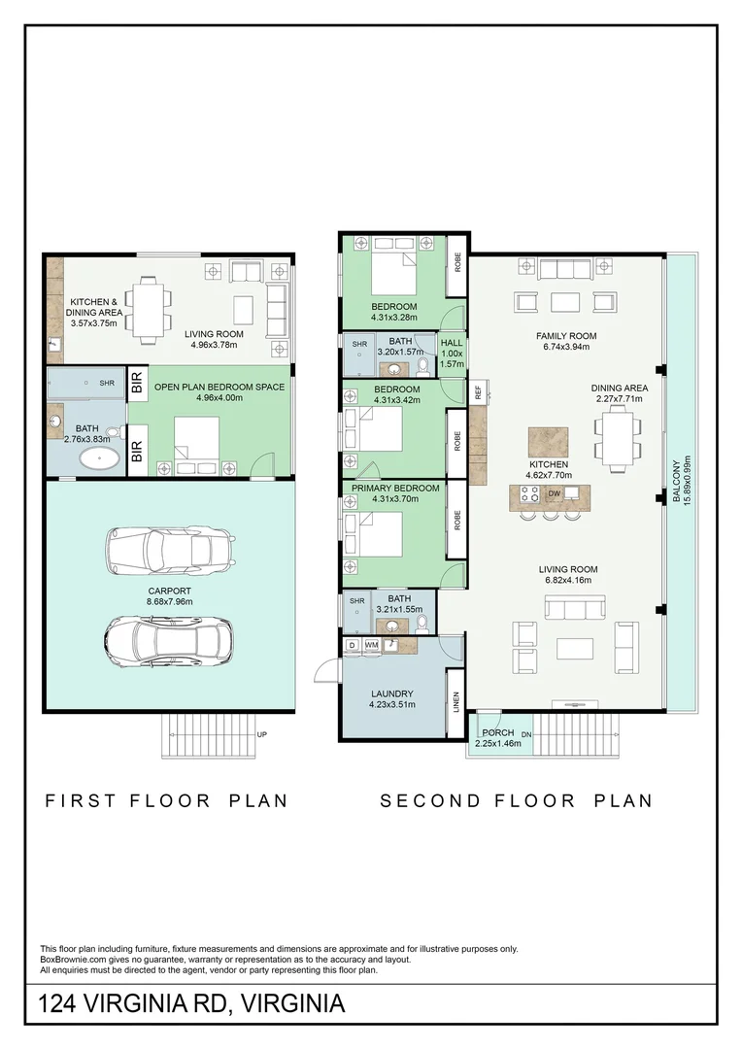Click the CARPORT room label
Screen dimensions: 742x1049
[x=169, y=591]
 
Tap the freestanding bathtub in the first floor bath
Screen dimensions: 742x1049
[x=100, y=458]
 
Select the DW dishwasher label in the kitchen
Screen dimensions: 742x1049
[x=554, y=493]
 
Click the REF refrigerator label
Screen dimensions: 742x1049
[x=479, y=392]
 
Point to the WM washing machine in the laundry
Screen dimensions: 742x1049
[x=371, y=645]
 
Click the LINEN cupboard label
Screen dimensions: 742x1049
[x=456, y=702]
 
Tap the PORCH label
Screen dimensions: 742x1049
[x=498, y=732]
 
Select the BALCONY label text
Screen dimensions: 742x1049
[x=676, y=481]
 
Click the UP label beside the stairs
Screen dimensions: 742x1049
[x=261, y=734]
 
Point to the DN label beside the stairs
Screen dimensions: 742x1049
[x=526, y=734]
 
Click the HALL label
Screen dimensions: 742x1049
[x=452, y=343]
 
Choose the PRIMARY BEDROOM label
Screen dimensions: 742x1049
[x=395, y=488]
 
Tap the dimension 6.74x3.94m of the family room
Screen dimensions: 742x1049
[x=566, y=347]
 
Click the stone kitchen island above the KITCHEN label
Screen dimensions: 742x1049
[x=549, y=442]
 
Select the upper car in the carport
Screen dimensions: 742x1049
[x=171, y=551]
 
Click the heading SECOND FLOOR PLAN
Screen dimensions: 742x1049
[x=517, y=800]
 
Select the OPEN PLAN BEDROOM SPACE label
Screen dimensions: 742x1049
[x=219, y=387]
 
